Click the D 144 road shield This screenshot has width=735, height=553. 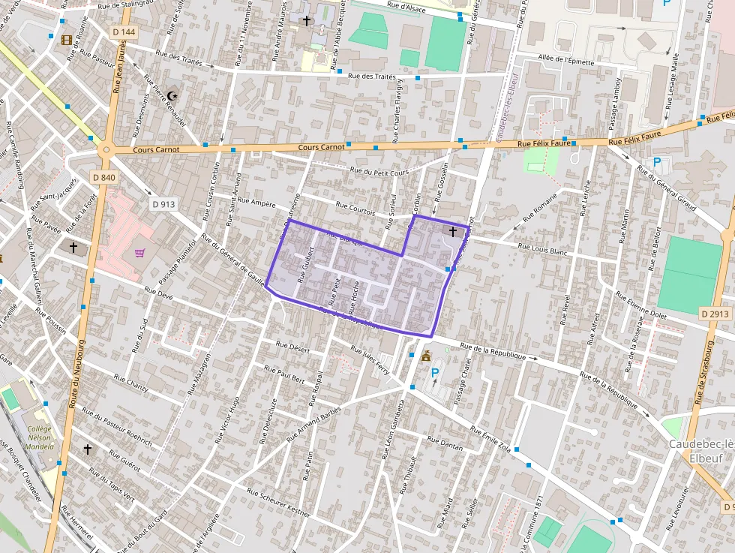124,32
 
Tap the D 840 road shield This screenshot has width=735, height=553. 103,177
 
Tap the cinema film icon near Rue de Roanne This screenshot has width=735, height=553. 68,40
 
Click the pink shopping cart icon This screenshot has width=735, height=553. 139,252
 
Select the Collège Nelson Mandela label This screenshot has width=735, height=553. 39,437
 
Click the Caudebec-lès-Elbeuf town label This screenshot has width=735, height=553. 700,451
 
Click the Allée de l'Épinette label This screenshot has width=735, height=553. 565,61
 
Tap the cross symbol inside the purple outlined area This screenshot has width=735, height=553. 451,232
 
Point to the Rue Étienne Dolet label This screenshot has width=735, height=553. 640,306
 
